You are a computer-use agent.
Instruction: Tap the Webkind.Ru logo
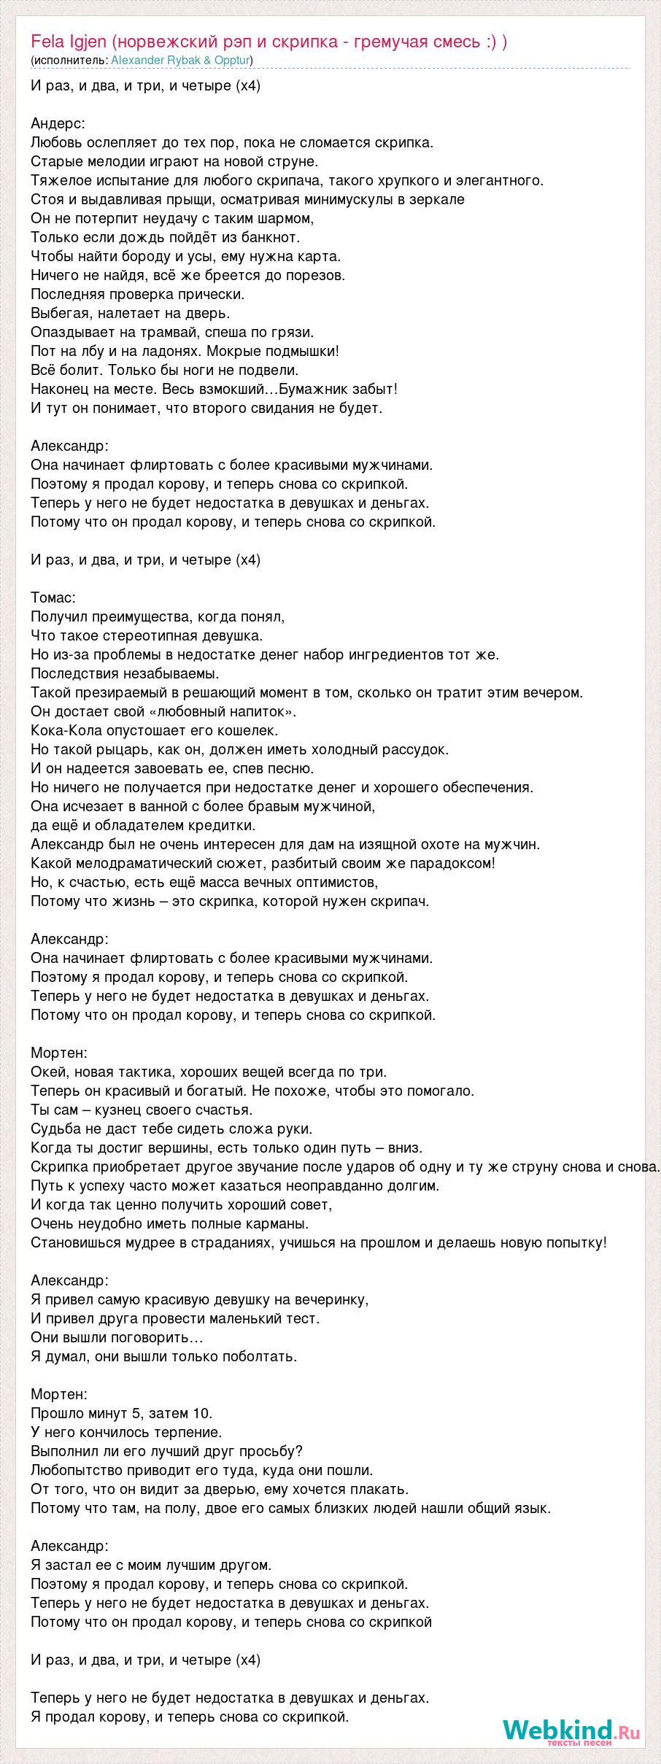[x=571, y=1730]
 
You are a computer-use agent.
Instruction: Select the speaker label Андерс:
[x=58, y=123]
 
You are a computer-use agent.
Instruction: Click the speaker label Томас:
[x=53, y=597]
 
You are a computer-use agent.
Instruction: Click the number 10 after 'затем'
[x=202, y=1413]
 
